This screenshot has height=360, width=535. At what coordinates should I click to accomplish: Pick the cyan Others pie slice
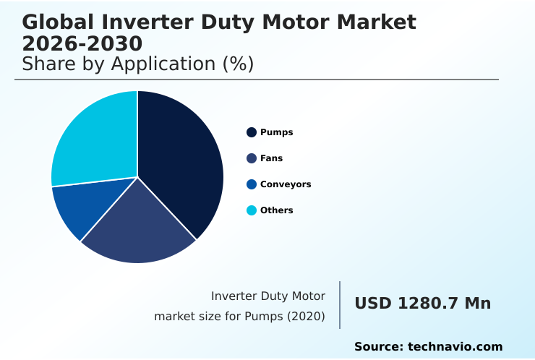coord(94,137)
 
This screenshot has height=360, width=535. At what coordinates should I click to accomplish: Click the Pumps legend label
coord(276,132)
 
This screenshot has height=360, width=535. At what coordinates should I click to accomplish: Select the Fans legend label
coord(271,158)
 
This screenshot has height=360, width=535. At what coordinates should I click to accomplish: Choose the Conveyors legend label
coord(286,184)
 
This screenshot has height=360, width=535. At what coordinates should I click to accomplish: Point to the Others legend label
coord(276,210)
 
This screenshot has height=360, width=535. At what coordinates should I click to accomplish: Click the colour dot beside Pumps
coord(252,132)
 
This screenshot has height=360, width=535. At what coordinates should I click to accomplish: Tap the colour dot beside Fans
coord(252,158)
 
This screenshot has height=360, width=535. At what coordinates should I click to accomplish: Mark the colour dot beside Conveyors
coord(252,184)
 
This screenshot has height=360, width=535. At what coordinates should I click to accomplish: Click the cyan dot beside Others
coord(252,210)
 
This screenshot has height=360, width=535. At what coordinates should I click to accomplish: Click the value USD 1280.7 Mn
coord(422,304)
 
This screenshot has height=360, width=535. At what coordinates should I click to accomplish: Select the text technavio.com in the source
coord(455,347)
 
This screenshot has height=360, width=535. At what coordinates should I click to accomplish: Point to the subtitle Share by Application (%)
coord(137,64)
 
